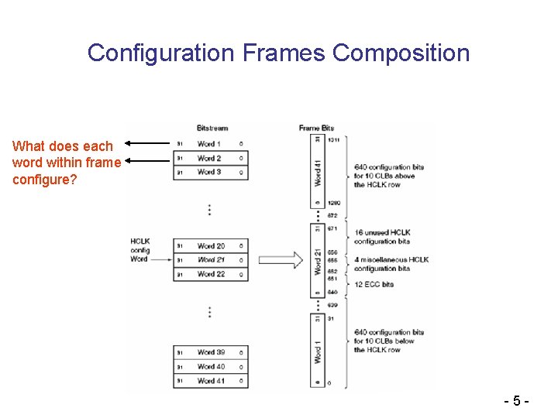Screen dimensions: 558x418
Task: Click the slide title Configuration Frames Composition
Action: (x=278, y=53)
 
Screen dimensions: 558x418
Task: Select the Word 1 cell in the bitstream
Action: (x=209, y=144)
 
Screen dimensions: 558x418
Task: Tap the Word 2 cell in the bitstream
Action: (x=209, y=158)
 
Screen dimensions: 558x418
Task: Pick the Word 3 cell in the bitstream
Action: (x=209, y=172)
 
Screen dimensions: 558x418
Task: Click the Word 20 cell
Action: (x=210, y=246)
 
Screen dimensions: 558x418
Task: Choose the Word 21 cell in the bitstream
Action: (x=210, y=260)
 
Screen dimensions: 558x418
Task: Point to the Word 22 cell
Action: (x=210, y=274)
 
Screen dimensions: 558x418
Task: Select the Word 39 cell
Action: (x=210, y=353)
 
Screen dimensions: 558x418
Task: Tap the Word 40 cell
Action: (x=210, y=367)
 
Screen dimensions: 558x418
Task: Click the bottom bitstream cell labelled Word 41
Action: (x=210, y=381)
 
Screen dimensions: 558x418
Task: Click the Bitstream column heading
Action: (x=212, y=128)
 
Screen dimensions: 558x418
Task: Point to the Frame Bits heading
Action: (x=316, y=128)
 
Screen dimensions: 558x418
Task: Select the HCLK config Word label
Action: (x=139, y=250)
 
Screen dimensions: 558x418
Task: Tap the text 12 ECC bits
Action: (x=374, y=284)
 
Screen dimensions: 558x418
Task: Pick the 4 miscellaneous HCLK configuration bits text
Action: (x=391, y=264)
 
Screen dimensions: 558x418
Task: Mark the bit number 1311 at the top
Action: (x=334, y=140)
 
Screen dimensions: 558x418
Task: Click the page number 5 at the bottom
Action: (x=517, y=403)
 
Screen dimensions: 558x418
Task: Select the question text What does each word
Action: (x=66, y=163)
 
